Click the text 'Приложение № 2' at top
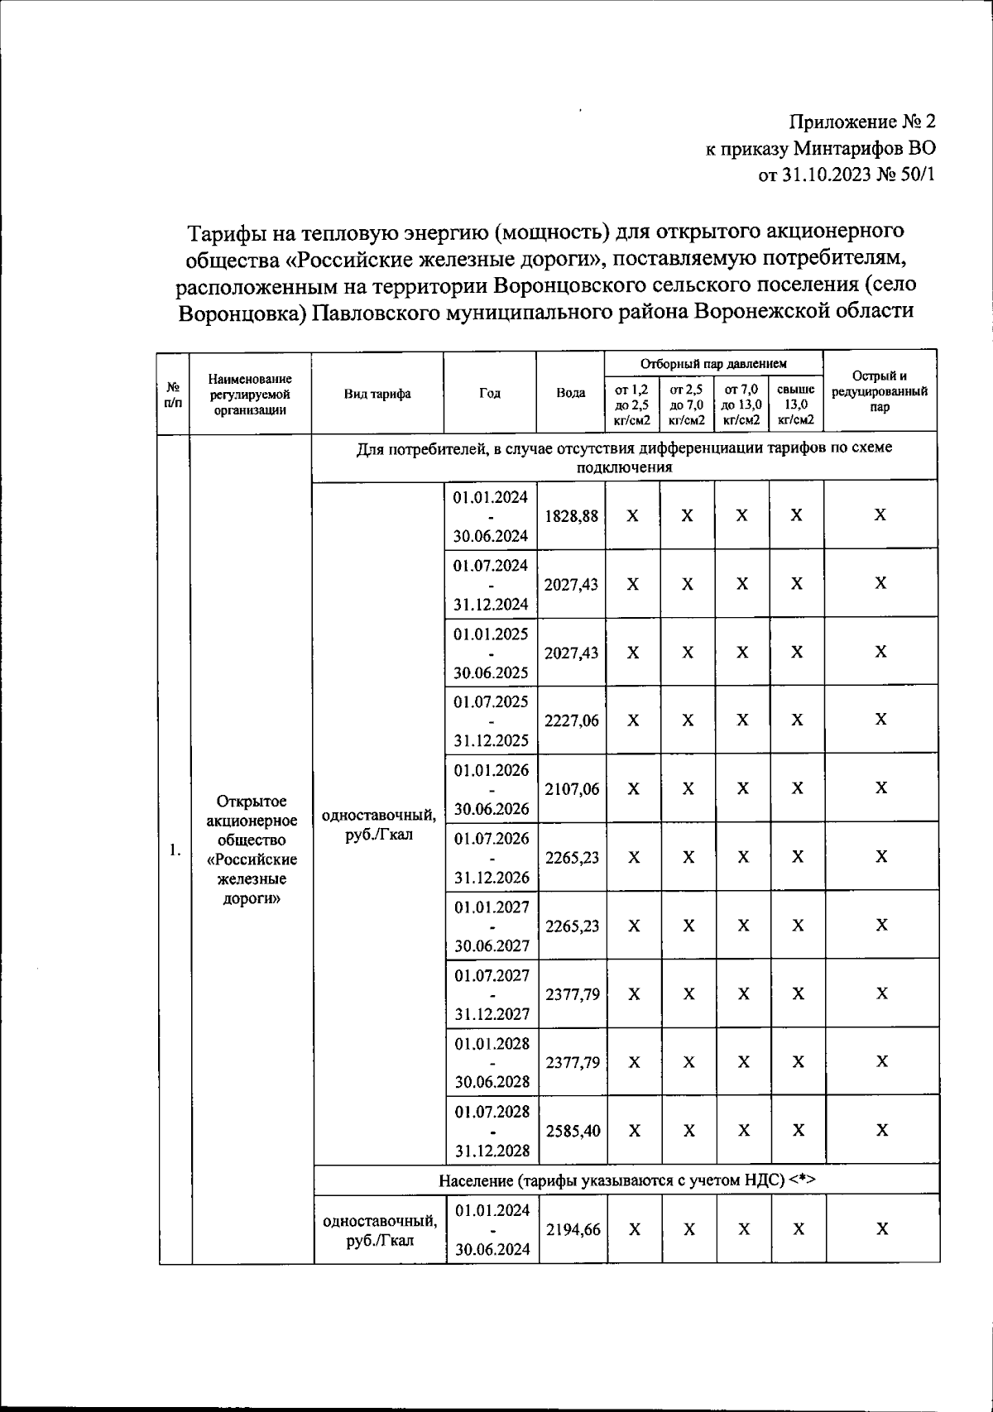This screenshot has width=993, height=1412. pos(862,122)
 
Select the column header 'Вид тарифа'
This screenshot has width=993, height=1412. pos(377,394)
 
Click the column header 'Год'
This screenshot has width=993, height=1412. pos(490,394)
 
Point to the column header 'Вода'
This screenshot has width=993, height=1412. pos(571,394)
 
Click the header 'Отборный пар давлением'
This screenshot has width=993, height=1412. pos(713,363)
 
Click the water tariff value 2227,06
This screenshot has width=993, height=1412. pos(572,720)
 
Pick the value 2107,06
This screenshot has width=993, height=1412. pos(572,789)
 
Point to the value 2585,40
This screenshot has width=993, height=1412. pos(573,1131)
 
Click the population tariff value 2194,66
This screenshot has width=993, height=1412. pos(573,1230)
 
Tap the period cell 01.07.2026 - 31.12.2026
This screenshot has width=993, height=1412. pos(492,858)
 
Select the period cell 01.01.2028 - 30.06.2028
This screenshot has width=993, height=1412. pos(492,1062)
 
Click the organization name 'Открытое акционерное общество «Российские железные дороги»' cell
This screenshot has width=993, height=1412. pos(252,850)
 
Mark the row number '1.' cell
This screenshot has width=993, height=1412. pos(175,850)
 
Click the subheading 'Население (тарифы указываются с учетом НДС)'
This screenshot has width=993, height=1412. pos(626,1180)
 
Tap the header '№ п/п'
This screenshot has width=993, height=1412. pos(174,394)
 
